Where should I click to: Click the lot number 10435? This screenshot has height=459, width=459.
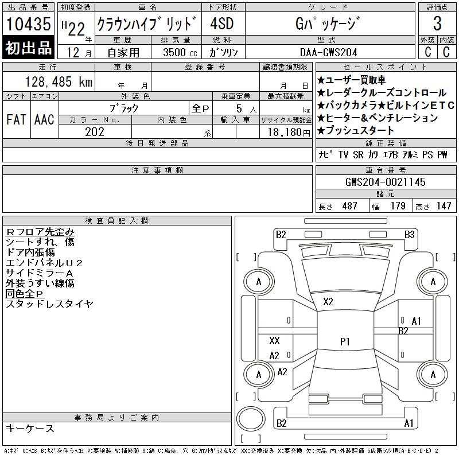click(28, 24)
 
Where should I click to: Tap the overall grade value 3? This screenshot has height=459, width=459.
click(437, 23)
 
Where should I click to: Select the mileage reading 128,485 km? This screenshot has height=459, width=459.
click(59, 82)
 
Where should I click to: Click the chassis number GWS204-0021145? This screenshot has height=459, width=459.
click(385, 182)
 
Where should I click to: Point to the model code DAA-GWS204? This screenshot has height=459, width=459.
click(328, 52)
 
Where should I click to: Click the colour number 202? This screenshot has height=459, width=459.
click(95, 132)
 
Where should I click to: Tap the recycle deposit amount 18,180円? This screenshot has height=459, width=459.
click(289, 133)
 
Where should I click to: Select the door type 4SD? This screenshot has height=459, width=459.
click(222, 24)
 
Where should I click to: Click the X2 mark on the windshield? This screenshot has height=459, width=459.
click(328, 302)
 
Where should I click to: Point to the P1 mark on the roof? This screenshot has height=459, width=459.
click(345, 341)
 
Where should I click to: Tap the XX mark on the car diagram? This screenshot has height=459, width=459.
click(274, 340)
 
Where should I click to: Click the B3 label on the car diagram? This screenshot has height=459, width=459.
click(410, 235)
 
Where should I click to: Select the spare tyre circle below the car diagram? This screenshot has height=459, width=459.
click(251, 419)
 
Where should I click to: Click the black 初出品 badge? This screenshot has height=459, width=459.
click(28, 48)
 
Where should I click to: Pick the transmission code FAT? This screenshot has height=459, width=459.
click(16, 119)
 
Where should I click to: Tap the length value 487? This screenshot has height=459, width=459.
click(349, 206)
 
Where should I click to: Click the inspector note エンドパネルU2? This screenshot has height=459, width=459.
click(44, 263)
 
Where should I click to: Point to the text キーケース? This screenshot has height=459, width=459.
click(30, 428)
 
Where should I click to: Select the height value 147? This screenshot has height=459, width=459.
click(444, 206)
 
